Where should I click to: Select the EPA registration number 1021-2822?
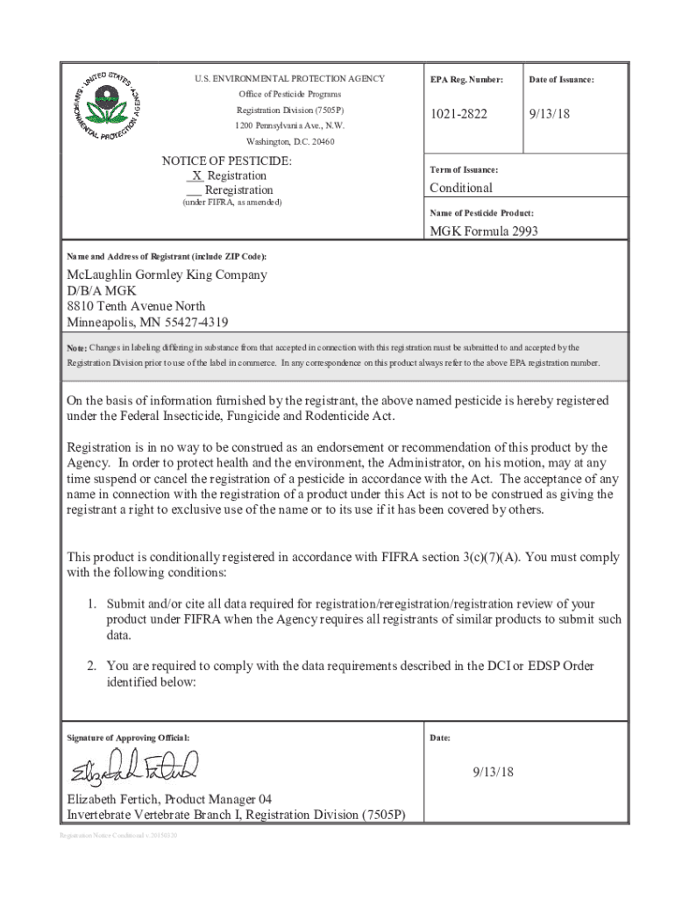click(x=458, y=114)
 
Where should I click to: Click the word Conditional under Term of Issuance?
click(x=460, y=188)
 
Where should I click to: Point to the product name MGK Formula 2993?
click(x=483, y=232)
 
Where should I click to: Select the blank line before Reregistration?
click(x=195, y=190)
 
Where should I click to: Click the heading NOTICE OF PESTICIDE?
click(x=227, y=161)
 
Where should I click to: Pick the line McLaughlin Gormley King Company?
click(x=167, y=274)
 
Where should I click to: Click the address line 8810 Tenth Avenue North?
click(x=137, y=306)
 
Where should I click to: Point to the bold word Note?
click(x=77, y=348)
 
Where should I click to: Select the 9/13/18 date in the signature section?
click(x=493, y=772)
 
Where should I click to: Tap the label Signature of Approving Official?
click(x=128, y=738)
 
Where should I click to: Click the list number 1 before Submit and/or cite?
click(x=90, y=604)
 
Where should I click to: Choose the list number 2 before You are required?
click(x=90, y=666)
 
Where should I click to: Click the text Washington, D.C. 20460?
click(x=290, y=141)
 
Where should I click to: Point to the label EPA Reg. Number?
click(x=466, y=80)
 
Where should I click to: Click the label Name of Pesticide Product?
click(x=481, y=213)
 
